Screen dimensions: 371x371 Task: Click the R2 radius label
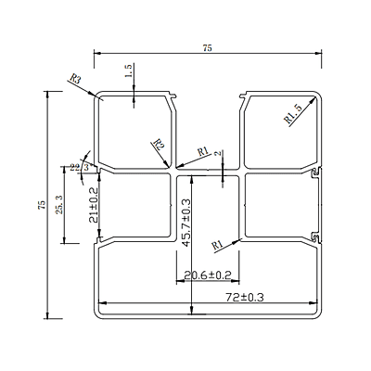pyautogui.click(x=159, y=145)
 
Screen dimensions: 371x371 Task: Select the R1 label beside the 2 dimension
pyautogui.click(x=204, y=152)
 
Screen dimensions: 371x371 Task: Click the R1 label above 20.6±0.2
pyautogui.click(x=216, y=245)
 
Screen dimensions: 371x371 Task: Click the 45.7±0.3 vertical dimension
pyautogui.click(x=186, y=222)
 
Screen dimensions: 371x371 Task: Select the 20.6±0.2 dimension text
pyautogui.click(x=208, y=275)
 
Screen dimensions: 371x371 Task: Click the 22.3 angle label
pyautogui.click(x=81, y=167)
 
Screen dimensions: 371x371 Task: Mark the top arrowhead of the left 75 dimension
pyautogui.click(x=47, y=94)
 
